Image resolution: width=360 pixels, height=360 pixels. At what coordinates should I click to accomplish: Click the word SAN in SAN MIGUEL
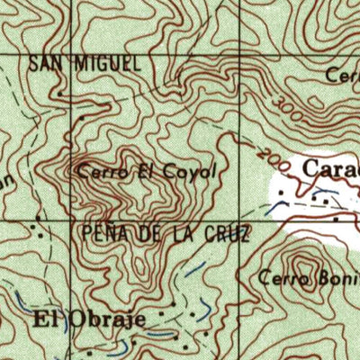tap(45, 64)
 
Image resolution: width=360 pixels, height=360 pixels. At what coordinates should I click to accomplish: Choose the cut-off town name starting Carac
tap(330, 168)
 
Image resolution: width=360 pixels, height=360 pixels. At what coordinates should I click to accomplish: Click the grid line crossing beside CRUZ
tap(241, 219)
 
